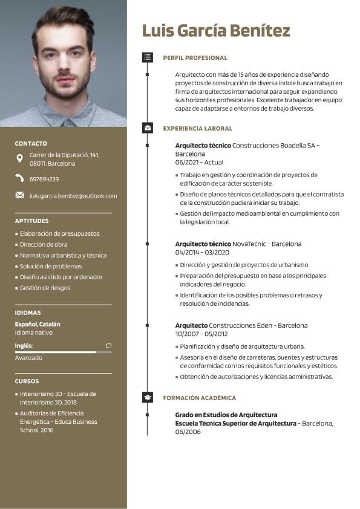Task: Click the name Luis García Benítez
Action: click(216, 31)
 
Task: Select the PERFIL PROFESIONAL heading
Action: click(195, 58)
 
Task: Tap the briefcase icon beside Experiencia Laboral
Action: click(148, 128)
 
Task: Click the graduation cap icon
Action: click(148, 398)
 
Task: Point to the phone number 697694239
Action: click(44, 179)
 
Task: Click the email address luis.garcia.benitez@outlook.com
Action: click(73, 196)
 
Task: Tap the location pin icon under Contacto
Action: click(20, 159)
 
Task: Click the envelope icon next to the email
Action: click(20, 195)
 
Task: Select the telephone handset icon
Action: click(20, 178)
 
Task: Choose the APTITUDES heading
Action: click(32, 221)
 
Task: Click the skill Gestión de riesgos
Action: click(45, 288)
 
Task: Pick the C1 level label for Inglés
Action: click(108, 346)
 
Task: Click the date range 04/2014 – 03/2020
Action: click(203, 252)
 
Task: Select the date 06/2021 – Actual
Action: click(199, 163)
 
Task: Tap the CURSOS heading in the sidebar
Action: click(27, 381)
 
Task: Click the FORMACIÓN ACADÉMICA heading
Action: click(199, 398)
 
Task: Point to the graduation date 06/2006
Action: click(188, 432)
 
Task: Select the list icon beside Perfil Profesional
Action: click(148, 57)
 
